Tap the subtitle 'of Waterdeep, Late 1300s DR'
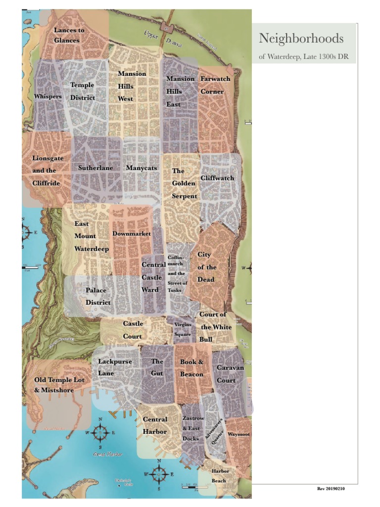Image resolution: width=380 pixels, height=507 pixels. point(304,57)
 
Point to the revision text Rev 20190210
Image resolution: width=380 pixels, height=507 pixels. point(331,489)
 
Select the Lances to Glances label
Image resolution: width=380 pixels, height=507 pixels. point(69,36)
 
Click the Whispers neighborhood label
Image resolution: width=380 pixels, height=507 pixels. point(48,96)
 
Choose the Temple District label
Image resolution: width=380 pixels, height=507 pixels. point(82,92)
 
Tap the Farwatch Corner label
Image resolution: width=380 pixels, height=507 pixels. point(212,85)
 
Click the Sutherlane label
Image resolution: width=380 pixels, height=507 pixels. point(95,168)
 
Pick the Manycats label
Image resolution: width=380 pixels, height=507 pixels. point(141,168)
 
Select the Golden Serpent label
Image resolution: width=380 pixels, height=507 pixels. point(184,184)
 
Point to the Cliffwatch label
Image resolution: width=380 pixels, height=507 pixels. point(217,178)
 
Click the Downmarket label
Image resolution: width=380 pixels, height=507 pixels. point(132,233)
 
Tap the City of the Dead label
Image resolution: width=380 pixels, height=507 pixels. point(205,267)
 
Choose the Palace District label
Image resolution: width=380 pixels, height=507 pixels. point(98,296)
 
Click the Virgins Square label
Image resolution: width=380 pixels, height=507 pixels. point(183,330)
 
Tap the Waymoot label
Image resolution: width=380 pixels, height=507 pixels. point(238,434)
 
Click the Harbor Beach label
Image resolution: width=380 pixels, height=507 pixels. point(219,476)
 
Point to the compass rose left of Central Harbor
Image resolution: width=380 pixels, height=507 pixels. point(100,433)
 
